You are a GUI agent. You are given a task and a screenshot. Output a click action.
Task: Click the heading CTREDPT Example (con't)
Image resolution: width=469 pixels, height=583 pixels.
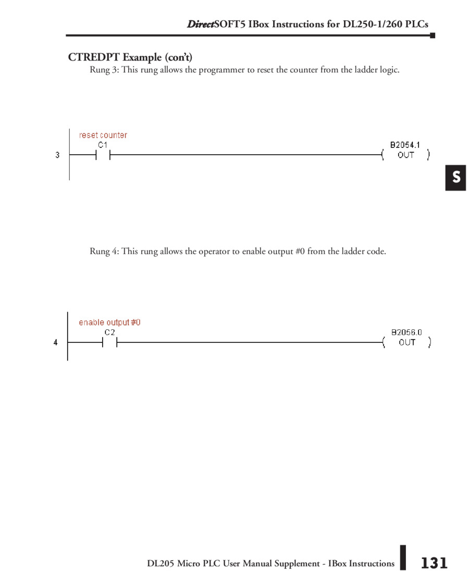(130, 57)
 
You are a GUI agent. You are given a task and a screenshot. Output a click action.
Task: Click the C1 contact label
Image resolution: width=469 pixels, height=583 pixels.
(103, 145)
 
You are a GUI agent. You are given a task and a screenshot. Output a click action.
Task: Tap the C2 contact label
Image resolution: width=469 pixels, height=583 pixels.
(109, 332)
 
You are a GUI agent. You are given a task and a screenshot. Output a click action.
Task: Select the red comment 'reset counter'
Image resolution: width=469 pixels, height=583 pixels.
(103, 135)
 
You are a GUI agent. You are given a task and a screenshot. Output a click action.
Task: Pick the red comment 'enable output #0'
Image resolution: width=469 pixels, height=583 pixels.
(109, 322)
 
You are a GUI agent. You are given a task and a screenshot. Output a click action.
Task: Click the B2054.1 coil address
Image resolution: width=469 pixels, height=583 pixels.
(405, 145)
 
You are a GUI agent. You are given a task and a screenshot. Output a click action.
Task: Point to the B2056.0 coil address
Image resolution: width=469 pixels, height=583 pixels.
(406, 332)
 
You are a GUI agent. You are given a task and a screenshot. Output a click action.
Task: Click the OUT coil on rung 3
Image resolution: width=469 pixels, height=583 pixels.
(406, 155)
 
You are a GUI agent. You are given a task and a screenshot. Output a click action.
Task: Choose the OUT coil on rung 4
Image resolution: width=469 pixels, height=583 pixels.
(407, 342)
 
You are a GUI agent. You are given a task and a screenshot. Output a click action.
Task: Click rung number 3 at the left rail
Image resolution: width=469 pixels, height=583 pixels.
(57, 155)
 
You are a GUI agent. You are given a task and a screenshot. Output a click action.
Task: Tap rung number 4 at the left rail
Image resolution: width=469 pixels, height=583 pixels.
(56, 342)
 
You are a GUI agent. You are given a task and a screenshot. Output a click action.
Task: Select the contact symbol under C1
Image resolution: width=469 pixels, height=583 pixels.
(103, 155)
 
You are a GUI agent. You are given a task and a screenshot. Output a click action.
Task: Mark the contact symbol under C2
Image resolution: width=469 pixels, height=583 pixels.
(109, 342)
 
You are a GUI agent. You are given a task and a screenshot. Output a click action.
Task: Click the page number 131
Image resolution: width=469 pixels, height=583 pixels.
(434, 563)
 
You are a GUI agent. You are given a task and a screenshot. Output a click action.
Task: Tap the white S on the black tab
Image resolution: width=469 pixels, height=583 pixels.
(456, 178)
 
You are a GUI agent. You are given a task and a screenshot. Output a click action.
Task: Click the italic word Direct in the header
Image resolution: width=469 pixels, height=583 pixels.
(200, 24)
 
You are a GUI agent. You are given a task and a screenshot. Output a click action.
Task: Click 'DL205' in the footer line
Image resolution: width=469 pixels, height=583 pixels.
(161, 564)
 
